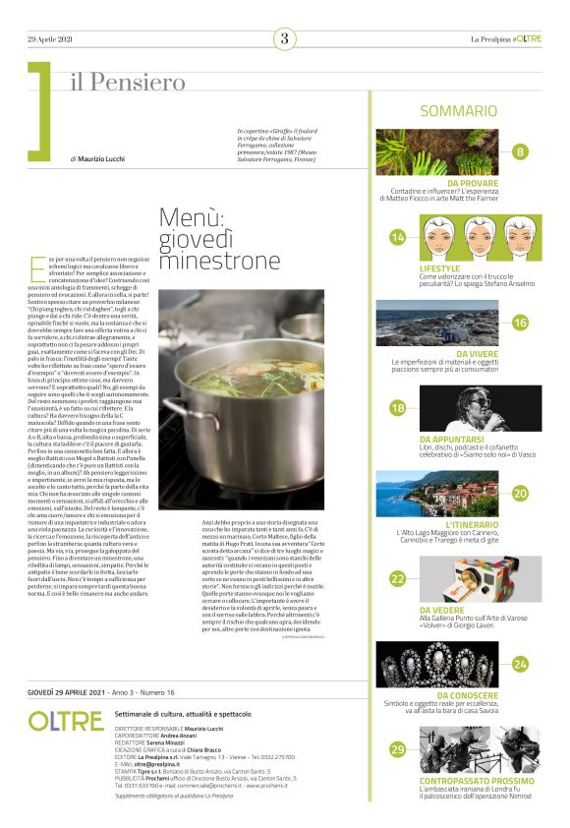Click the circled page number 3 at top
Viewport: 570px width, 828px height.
tap(285, 38)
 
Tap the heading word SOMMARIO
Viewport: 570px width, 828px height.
tap(458, 112)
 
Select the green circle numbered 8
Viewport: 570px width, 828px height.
tap(520, 151)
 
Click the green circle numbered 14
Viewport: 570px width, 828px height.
tap(398, 237)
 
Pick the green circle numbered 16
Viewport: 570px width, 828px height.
tap(520, 323)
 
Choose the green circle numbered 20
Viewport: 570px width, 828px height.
tap(520, 494)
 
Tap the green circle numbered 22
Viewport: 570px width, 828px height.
tap(398, 579)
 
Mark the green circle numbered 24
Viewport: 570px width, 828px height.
tap(520, 665)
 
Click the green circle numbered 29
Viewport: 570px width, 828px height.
tap(398, 750)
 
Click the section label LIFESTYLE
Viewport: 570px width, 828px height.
tap(439, 267)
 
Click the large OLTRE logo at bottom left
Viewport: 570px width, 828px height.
tap(65, 721)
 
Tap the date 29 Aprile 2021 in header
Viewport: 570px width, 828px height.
tap(49, 39)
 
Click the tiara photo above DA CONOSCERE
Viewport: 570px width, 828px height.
tap(458, 665)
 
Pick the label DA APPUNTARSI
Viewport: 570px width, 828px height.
tap(452, 439)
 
